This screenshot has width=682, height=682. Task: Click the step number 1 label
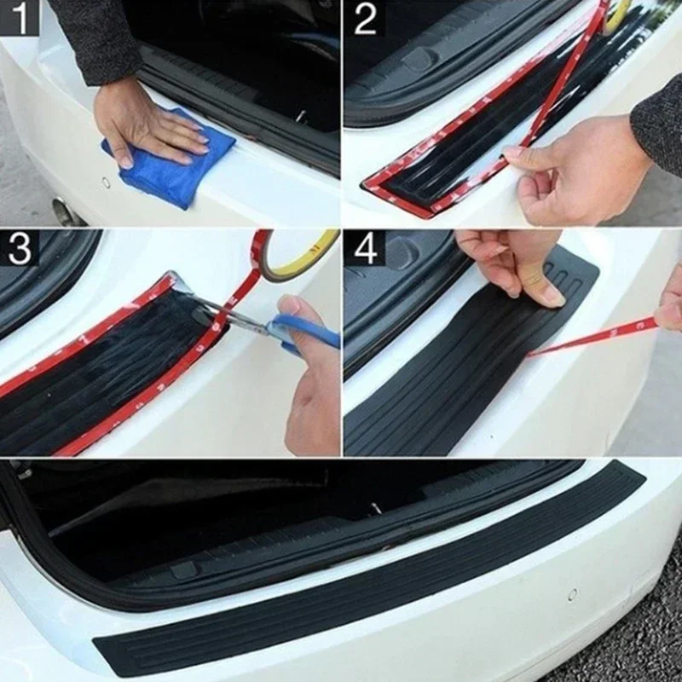point(19,17)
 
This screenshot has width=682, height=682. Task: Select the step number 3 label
point(19,248)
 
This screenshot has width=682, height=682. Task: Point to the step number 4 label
point(365,248)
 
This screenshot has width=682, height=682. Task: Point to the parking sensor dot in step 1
point(106,182)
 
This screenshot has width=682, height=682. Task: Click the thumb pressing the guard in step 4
point(546,290)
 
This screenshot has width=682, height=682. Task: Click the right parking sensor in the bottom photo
point(572,593)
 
